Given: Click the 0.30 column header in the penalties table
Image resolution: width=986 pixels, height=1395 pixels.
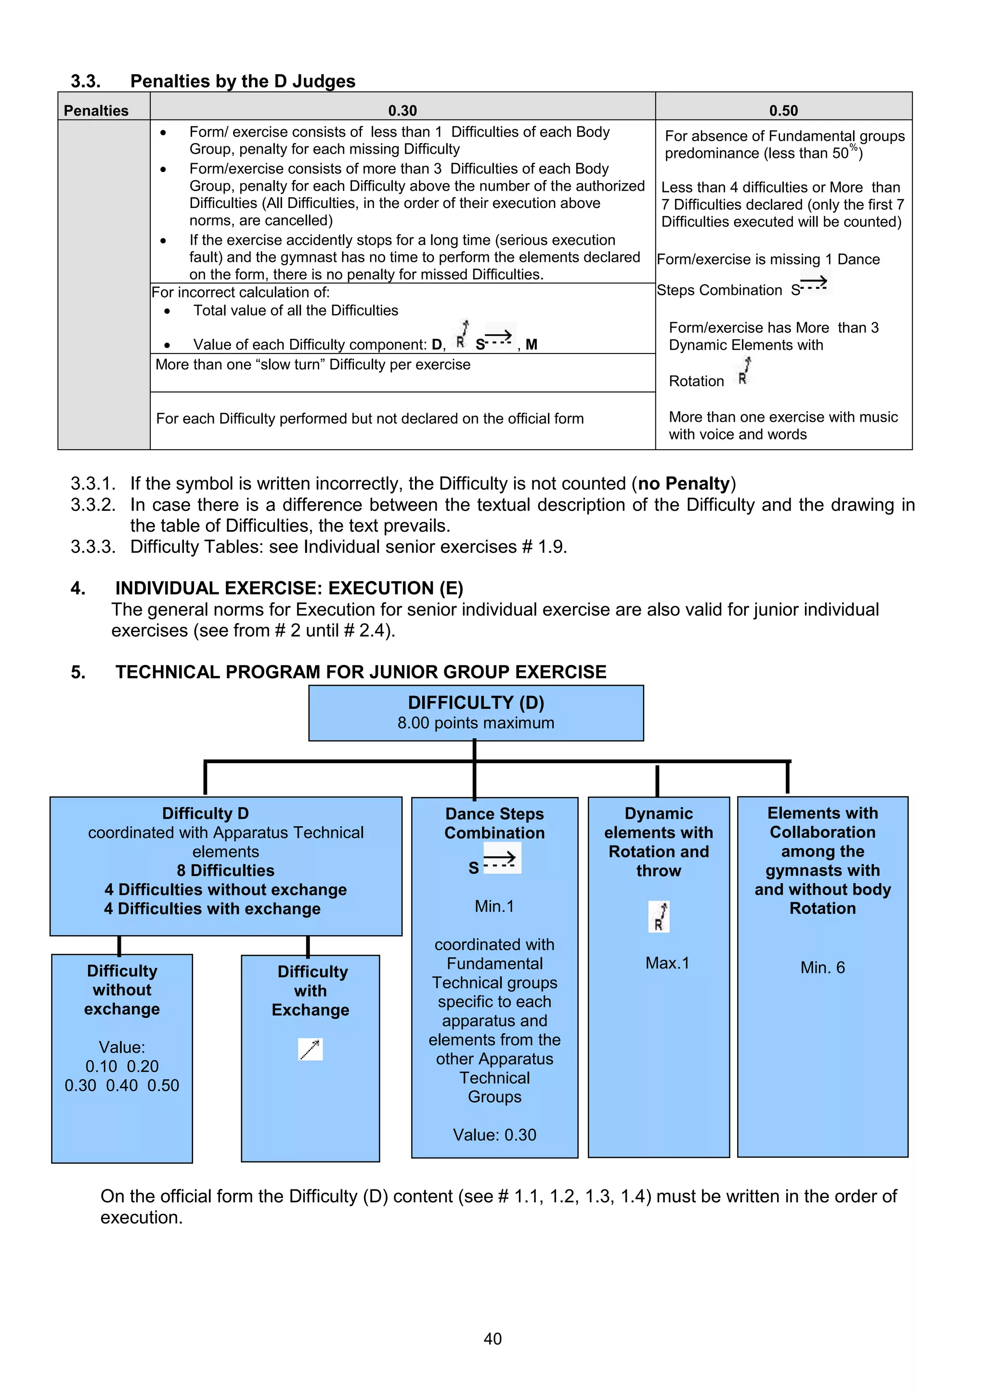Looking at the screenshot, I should (x=402, y=111).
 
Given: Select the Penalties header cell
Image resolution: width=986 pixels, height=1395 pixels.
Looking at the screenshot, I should (x=96, y=111).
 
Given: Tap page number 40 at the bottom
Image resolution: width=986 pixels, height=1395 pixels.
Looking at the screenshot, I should (x=492, y=1339).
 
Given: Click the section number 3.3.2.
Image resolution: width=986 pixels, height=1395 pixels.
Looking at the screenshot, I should (x=92, y=505).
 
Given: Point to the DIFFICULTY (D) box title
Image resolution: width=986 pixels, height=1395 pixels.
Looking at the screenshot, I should (x=476, y=703).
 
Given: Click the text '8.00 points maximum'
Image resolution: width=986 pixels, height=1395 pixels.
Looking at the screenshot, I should (x=476, y=723).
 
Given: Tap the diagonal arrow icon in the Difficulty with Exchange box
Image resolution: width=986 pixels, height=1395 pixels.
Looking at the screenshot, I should (x=310, y=1049).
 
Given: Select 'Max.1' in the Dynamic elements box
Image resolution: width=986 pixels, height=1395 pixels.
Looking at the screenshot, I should (x=667, y=963).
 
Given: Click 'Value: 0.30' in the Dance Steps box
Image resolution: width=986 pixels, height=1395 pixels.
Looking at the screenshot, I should (x=494, y=1135).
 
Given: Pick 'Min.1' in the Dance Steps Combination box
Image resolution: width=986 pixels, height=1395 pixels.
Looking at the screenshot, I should (x=494, y=907).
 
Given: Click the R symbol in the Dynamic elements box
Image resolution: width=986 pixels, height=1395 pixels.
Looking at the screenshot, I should (x=659, y=917).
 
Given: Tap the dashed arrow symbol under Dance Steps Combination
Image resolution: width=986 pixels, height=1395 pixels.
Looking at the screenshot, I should (x=501, y=859).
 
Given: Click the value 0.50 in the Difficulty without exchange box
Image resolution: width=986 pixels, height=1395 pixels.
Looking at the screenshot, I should (x=163, y=1086).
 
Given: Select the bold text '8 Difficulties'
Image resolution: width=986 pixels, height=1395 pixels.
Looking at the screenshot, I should (x=225, y=871).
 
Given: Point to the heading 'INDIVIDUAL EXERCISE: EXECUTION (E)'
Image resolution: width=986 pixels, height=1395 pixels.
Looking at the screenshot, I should (x=289, y=588).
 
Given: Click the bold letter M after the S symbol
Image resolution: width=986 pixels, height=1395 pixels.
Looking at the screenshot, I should (x=531, y=344).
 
